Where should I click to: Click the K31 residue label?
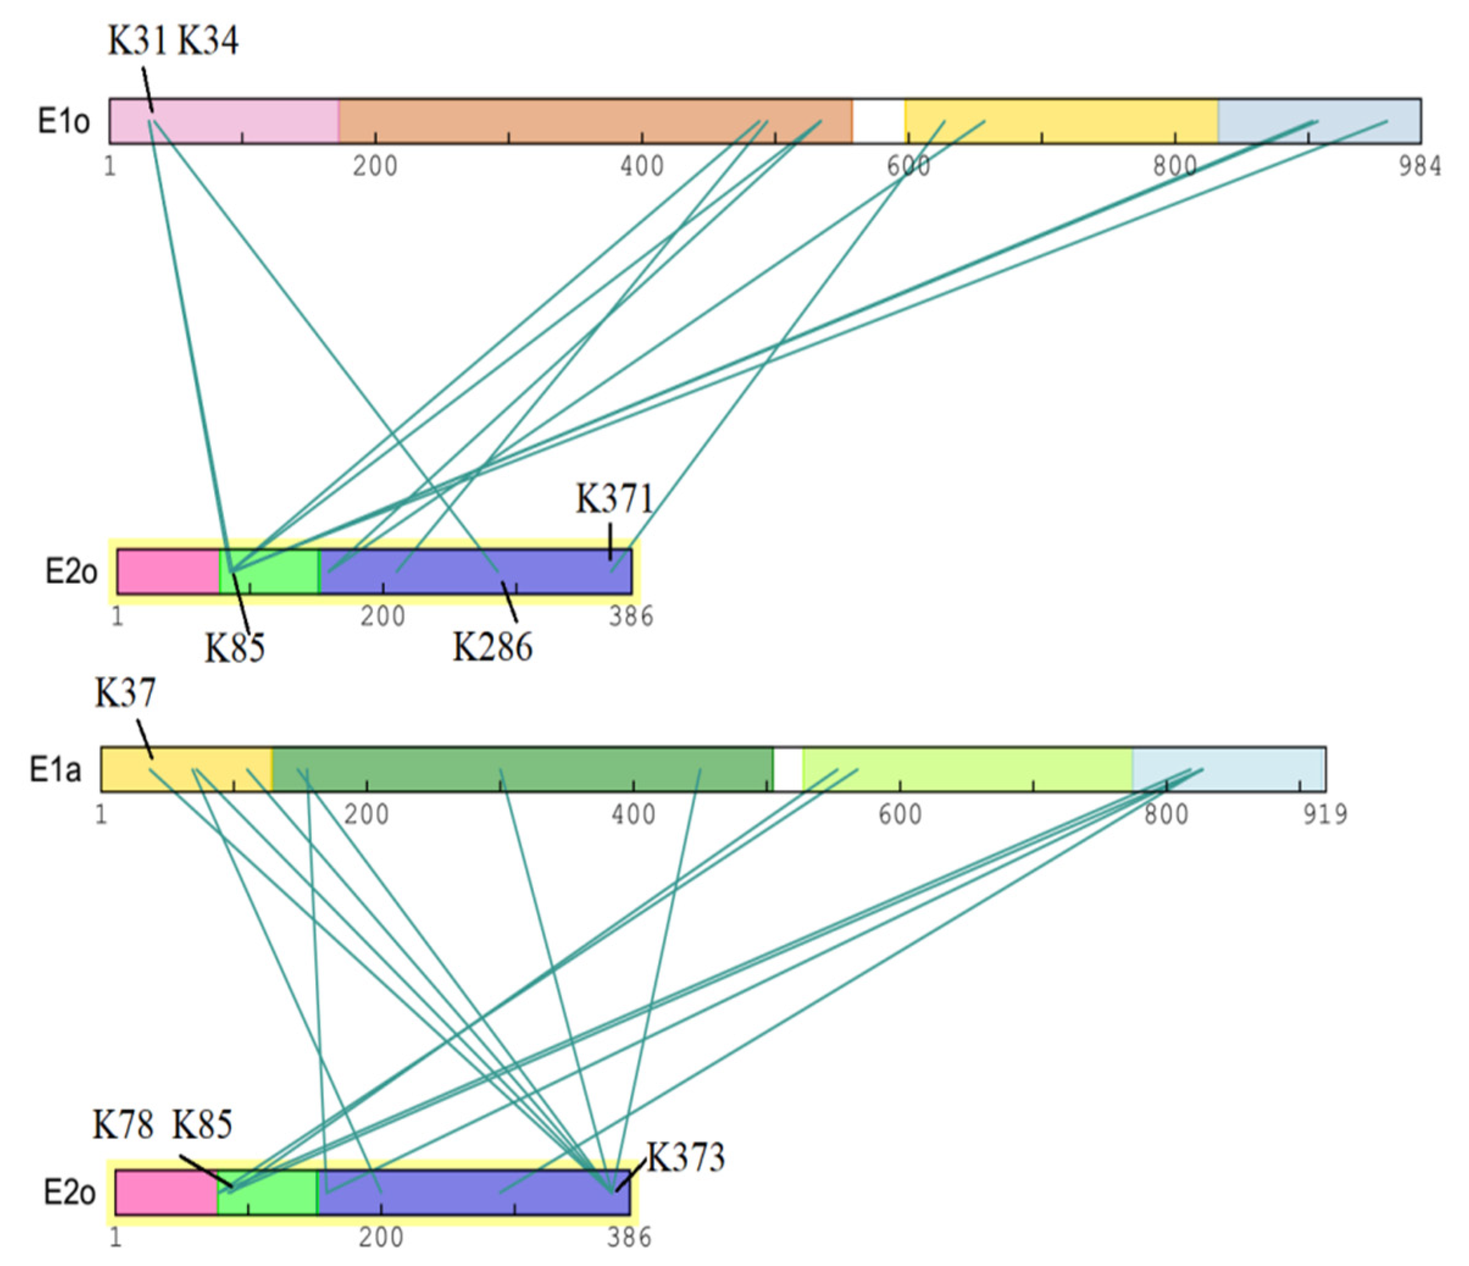pyautogui.click(x=137, y=40)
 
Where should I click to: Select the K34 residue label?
pyautogui.click(x=208, y=40)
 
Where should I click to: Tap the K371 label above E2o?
pyautogui.click(x=614, y=498)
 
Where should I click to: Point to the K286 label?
pyautogui.click(x=492, y=647)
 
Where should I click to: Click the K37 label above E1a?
pyautogui.click(x=125, y=692)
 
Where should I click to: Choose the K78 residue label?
pyautogui.click(x=123, y=1125)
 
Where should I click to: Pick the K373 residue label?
pyautogui.click(x=685, y=1157)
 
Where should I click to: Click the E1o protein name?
pyautogui.click(x=64, y=122)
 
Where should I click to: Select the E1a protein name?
pyautogui.click(x=55, y=769)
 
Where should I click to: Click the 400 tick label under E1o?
pyautogui.click(x=642, y=167)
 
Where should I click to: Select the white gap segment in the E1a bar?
pyautogui.click(x=788, y=769)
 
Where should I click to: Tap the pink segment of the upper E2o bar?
pyautogui.click(x=168, y=572)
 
